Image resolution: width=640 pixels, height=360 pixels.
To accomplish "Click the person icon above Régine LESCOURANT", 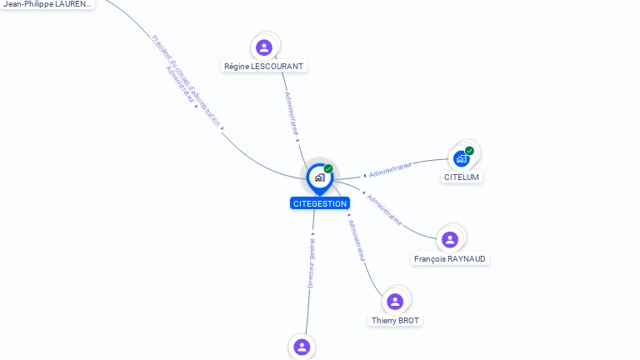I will pos(264,47).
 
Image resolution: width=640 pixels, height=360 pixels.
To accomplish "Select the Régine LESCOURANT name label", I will pos(264,66).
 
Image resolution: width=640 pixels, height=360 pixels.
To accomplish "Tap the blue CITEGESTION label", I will pos(320,203).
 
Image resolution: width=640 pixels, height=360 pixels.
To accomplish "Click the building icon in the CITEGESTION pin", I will pos(319,177).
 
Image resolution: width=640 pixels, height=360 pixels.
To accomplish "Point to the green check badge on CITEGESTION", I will pos(328,169).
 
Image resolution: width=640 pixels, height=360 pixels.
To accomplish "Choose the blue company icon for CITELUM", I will pos(461,158).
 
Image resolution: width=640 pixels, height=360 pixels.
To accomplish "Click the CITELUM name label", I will pos(462,177).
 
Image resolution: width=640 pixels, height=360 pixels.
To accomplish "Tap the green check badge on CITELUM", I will pos(469,151).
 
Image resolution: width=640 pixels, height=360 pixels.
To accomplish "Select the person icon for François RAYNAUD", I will pos(450,240).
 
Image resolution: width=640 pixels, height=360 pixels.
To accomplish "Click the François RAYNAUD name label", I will pos(450,258).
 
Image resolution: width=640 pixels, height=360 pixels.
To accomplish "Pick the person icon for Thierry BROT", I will pos(395,301).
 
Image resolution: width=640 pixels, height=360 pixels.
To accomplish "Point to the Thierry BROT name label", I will pos(396,320).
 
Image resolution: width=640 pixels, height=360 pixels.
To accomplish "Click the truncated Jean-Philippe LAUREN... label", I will pos(47,4).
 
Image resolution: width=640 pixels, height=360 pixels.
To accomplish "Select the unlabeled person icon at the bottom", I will pos(302,347).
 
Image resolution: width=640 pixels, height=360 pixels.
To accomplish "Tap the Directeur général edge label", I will pos(311,263).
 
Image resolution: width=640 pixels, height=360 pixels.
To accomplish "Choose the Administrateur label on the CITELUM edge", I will pos(391,170).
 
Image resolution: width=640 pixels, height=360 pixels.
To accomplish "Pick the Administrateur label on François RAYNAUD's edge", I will pos(384,210).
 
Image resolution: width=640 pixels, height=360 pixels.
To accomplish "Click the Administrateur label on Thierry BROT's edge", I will pos(356,241).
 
